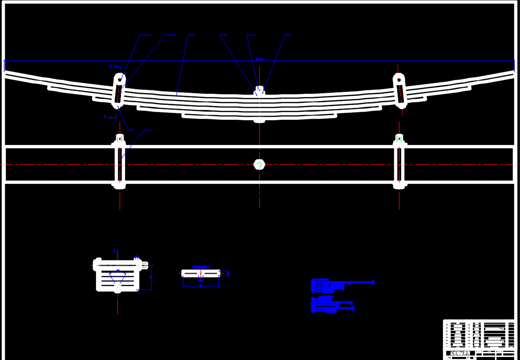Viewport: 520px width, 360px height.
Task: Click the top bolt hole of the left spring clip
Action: click(120, 80)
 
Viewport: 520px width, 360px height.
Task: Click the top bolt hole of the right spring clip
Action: click(399, 80)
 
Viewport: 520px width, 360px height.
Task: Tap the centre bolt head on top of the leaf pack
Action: click(259, 90)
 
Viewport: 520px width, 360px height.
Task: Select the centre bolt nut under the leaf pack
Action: click(259, 120)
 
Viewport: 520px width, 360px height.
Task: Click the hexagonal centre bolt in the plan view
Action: click(259, 165)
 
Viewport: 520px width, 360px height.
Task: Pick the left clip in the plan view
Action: click(120, 162)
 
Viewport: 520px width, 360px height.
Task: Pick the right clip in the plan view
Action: click(399, 162)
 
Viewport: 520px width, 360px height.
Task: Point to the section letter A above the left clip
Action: click(111, 66)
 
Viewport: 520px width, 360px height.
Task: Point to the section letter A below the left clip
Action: click(105, 117)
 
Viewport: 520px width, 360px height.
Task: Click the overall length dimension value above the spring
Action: click(260, 59)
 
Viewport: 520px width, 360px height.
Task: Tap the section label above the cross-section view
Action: click(116, 251)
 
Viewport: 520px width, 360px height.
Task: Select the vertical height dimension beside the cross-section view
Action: click(150, 277)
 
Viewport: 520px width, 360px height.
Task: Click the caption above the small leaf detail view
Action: click(201, 267)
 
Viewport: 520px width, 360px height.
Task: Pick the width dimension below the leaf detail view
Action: click(201, 286)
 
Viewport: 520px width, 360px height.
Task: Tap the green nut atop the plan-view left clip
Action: click(119, 139)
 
